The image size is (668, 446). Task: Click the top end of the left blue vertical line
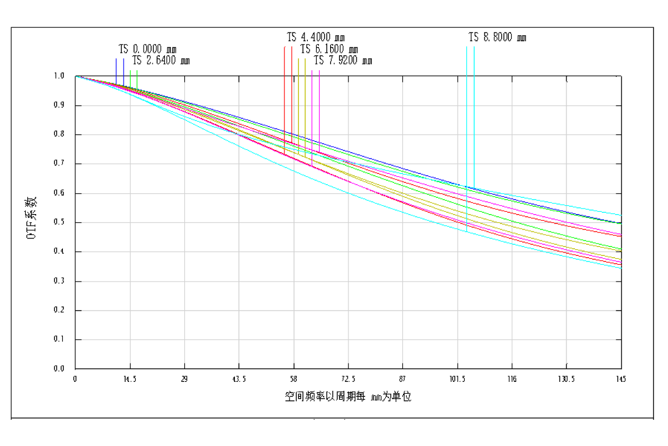click(x=116, y=59)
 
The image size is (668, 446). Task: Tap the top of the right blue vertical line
click(x=124, y=59)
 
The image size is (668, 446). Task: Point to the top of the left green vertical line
click(x=130, y=71)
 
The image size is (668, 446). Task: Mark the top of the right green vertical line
click(x=137, y=71)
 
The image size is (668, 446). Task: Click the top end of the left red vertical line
click(x=284, y=47)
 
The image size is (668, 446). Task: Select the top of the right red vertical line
click(x=292, y=47)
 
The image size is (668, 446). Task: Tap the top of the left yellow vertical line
click(x=298, y=59)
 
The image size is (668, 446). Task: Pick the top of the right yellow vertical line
click(x=305, y=59)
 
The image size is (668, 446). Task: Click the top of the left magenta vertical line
click(x=312, y=71)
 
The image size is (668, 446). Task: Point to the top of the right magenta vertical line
click(x=320, y=71)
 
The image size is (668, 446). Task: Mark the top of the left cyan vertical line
click(x=466, y=47)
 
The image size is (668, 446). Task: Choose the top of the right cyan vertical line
click(x=474, y=47)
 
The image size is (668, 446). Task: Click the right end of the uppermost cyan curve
click(x=621, y=215)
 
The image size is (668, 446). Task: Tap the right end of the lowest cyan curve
click(x=621, y=268)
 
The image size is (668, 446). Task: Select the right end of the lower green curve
click(x=621, y=249)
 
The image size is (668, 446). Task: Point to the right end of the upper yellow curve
click(x=621, y=251)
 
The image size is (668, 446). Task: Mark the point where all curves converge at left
click(x=77, y=77)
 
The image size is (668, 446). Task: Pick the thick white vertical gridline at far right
click(x=566, y=223)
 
